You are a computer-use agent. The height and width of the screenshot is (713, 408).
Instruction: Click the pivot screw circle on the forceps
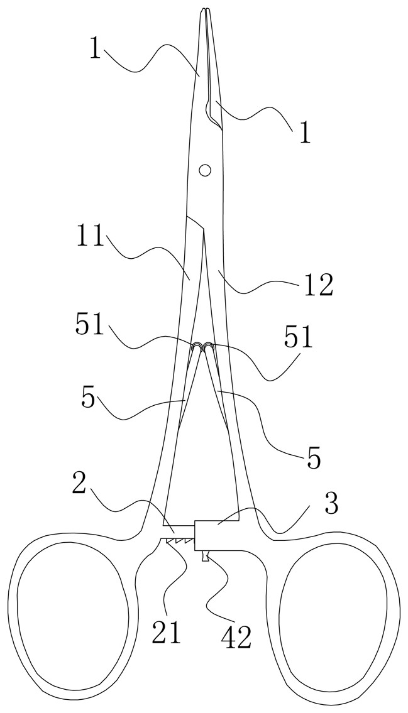tap(205, 170)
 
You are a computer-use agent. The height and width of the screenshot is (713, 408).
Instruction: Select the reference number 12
tap(317, 286)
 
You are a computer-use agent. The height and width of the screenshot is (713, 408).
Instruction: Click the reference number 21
tap(167, 631)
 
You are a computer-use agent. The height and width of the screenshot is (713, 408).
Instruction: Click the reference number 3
tap(332, 503)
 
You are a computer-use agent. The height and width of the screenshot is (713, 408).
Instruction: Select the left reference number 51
tap(89, 325)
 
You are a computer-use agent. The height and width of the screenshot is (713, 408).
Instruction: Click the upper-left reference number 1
tap(94, 48)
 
